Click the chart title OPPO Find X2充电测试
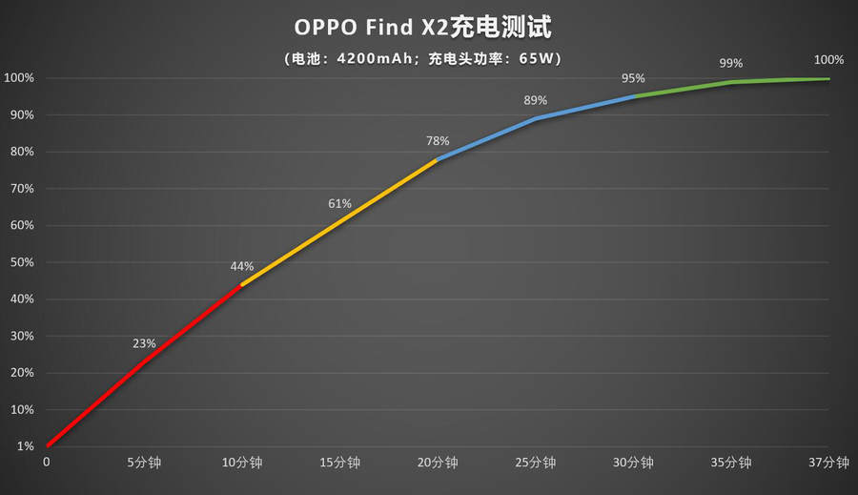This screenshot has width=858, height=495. click(x=429, y=28)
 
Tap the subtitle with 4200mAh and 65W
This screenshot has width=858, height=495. click(x=429, y=59)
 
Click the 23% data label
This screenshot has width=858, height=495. click(x=145, y=343)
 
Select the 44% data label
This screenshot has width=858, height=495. click(x=242, y=266)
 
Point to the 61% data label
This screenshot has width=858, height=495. click(x=340, y=203)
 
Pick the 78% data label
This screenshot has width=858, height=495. click(x=438, y=141)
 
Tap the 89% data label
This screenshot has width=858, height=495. click(x=536, y=100)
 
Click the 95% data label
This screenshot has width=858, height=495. click(x=633, y=78)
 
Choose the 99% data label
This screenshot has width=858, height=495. click(x=731, y=63)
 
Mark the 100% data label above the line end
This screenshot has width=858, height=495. click(x=828, y=60)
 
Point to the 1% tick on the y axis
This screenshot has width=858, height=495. click(x=24, y=446)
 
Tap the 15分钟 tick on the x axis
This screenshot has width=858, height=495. click(x=340, y=463)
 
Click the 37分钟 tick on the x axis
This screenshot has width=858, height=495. click(x=828, y=463)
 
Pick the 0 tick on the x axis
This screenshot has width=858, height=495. click(x=47, y=463)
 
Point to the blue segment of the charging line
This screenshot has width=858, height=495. click(x=536, y=118)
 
